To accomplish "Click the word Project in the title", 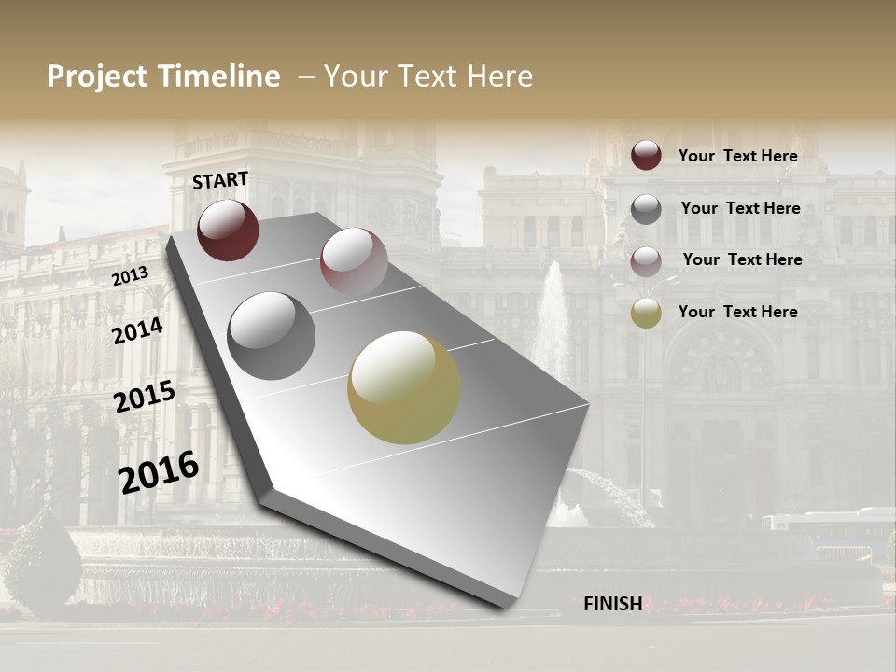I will pos(98,77).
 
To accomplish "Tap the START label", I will pos(220,180).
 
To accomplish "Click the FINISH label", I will pos(612,604).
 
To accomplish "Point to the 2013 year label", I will pos(130,276).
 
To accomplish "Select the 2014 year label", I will pos(137,330).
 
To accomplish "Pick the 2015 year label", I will pos(144,397).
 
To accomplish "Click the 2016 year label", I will pos(159,471).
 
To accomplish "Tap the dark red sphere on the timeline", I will pos(228,231).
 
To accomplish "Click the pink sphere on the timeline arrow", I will pos(353,261).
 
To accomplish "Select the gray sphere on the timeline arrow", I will pos(271,336).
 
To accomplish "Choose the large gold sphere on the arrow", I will pos(403,387).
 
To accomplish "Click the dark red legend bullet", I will pos(646,155).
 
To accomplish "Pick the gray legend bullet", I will pos(646,209).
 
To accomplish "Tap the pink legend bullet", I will pos(646,261).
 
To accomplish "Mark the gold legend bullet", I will pos(646,313).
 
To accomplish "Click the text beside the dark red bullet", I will pos(737,156).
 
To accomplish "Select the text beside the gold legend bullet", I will pos(737,312).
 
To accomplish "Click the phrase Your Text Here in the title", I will pos(428,77).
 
